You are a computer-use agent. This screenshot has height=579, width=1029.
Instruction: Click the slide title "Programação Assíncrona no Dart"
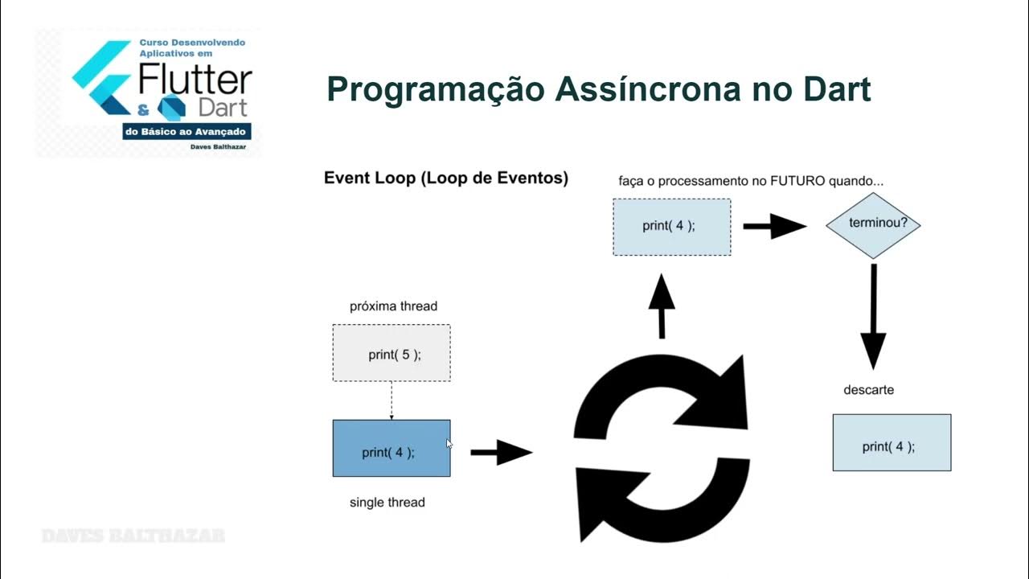click(598, 89)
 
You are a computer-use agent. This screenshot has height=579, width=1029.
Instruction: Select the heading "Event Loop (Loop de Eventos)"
click(445, 179)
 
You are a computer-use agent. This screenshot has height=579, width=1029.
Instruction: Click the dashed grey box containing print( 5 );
click(392, 353)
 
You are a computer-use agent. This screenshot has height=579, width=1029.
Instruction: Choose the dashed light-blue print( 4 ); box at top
click(671, 227)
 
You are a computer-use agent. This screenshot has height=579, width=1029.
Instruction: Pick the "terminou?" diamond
click(872, 224)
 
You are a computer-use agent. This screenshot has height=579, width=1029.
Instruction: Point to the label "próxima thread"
click(393, 306)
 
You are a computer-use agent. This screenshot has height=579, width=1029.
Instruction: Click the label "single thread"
click(387, 503)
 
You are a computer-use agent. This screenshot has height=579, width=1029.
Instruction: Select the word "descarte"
click(868, 390)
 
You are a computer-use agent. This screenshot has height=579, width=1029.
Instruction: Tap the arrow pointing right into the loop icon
click(501, 453)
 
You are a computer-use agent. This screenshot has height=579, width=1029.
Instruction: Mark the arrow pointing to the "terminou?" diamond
click(773, 227)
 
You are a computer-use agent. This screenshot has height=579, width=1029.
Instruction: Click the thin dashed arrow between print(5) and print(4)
click(392, 400)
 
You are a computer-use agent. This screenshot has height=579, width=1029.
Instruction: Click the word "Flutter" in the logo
click(195, 80)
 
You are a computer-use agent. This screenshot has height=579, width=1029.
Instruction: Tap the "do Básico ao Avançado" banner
click(187, 131)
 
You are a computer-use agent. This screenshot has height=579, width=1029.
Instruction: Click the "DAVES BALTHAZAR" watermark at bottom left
click(133, 536)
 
